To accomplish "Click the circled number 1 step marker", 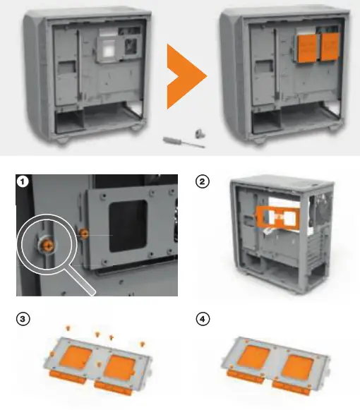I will pos(24,183).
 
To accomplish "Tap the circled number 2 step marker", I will pos(202,183).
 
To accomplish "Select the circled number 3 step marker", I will pos(24,318).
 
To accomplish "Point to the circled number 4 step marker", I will pos(202,318).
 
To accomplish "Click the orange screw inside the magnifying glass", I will pos(49,244).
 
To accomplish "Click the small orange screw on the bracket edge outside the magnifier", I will pos(83,233).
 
